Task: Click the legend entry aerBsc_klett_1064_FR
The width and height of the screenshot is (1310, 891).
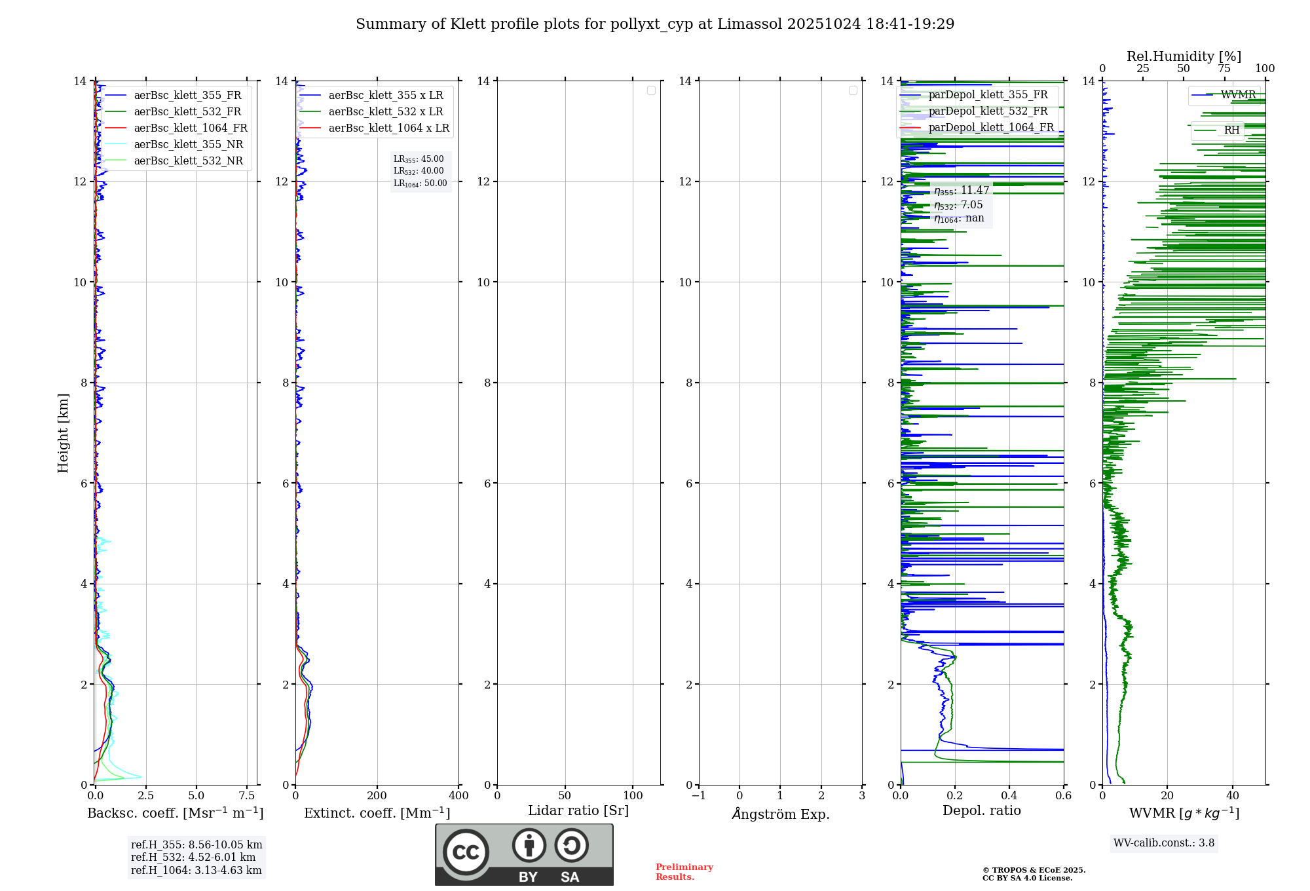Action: point(191,128)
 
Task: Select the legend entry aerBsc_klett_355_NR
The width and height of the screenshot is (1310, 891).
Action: point(189,145)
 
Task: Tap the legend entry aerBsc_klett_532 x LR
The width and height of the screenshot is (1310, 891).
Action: point(385,112)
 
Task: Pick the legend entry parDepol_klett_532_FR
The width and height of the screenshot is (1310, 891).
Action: point(988,111)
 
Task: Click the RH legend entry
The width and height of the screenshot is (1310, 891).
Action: point(1231,130)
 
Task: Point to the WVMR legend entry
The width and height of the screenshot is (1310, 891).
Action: point(1238,95)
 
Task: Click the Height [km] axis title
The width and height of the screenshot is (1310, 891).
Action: point(63,433)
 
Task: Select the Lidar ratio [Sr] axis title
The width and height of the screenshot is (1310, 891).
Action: point(578,811)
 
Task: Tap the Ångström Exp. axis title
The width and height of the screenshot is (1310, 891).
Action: point(780,814)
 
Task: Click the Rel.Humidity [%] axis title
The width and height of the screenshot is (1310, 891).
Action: point(1184,56)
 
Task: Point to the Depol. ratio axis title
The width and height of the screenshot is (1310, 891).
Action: point(981,811)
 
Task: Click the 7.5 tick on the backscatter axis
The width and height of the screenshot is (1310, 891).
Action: point(247,796)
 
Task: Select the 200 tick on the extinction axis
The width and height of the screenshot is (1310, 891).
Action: point(377,796)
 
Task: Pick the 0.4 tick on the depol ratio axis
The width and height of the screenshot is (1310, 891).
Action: point(1009,796)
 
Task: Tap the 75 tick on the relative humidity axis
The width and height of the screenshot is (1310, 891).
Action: point(1224,69)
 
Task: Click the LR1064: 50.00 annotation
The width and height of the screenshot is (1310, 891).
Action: point(421,183)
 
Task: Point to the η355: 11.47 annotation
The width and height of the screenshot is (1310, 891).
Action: point(962,191)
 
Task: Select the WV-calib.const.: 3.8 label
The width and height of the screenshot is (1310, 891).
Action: point(1164,843)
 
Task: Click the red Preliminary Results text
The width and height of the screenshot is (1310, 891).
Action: point(684,872)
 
